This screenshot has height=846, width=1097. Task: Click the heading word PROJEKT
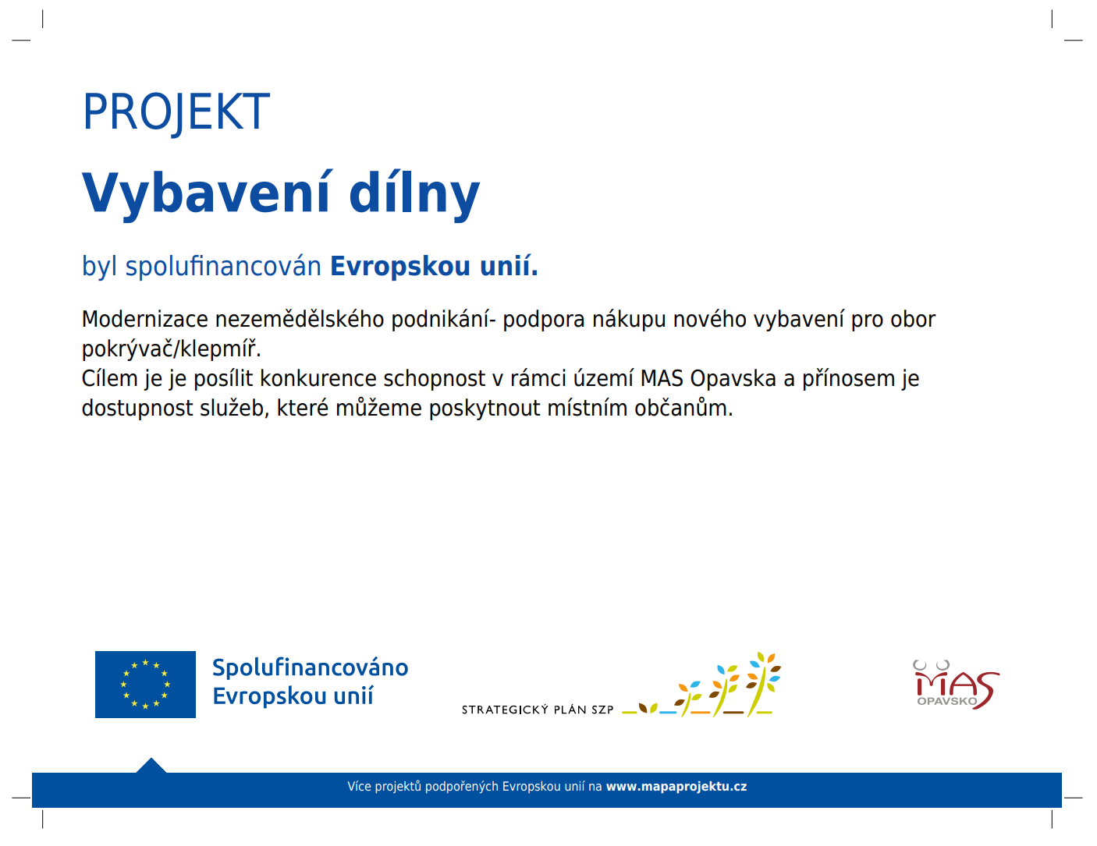pyautogui.click(x=176, y=112)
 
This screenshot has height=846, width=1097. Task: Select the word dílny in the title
pyautogui.click(x=414, y=193)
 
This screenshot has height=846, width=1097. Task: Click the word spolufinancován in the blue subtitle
pyautogui.click(x=223, y=267)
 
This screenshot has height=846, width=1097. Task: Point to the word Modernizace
pyautogui.click(x=145, y=320)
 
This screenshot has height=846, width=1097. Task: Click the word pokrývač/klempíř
pyautogui.click(x=171, y=349)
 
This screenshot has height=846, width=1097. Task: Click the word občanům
pyautogui.click(x=683, y=408)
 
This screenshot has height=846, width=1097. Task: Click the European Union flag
pyautogui.click(x=145, y=685)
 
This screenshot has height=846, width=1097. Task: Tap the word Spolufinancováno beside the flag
pyautogui.click(x=310, y=668)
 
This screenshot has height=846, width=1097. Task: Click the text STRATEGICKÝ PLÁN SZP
pyautogui.click(x=538, y=710)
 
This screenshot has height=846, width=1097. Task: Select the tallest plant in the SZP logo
pyautogui.click(x=762, y=684)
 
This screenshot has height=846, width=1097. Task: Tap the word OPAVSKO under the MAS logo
pyautogui.click(x=946, y=701)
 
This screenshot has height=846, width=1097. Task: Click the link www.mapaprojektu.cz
pyautogui.click(x=676, y=787)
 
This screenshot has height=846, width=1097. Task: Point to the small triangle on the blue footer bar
pyautogui.click(x=151, y=766)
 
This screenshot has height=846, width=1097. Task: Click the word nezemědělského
pyautogui.click(x=300, y=320)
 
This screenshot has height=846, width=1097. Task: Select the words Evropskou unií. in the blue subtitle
pyautogui.click(x=434, y=267)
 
